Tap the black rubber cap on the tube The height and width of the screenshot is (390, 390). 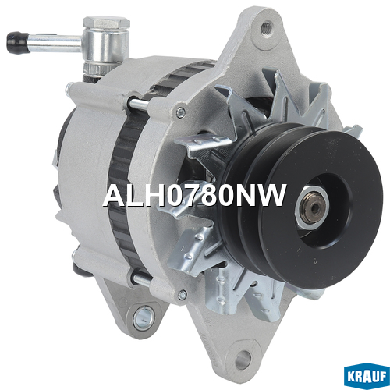16,43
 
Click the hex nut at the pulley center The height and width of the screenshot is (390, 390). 312,207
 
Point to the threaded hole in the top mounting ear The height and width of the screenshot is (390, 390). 265,27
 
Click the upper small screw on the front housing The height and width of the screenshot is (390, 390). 180,112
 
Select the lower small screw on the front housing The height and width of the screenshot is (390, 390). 183,294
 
